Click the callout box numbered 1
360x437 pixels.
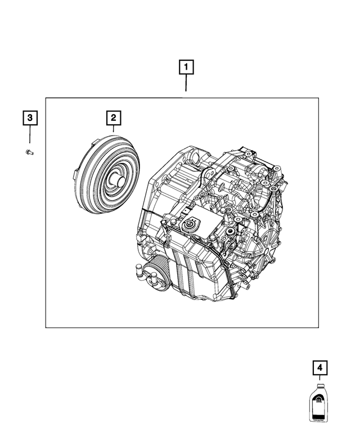pos(187,68)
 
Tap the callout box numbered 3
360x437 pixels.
pos(30,118)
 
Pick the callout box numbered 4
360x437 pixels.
pos(320,368)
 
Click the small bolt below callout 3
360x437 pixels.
pos(30,152)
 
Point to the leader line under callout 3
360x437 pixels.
pos(30,136)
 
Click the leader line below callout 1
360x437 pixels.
pos(187,85)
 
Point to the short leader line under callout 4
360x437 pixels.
pos(320,379)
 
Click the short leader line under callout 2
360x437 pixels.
pos(113,129)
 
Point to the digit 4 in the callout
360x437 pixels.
pos(320,368)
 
